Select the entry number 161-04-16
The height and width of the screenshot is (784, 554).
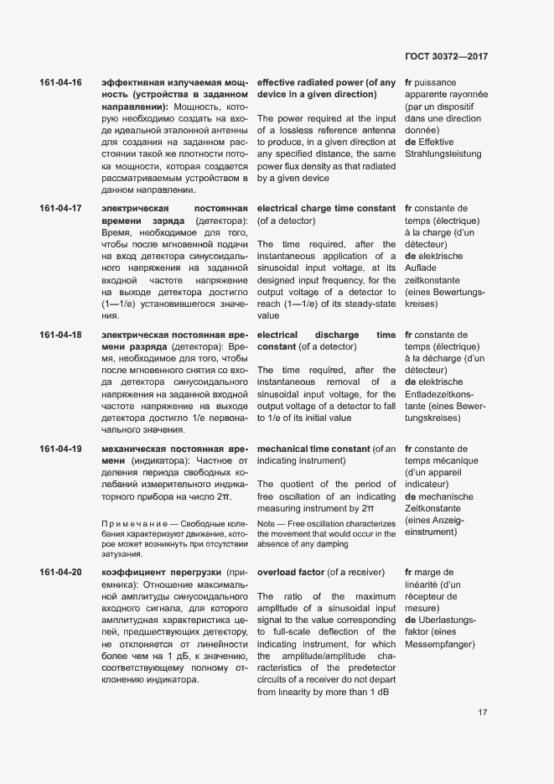pos(60,83)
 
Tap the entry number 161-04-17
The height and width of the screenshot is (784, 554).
pos(60,208)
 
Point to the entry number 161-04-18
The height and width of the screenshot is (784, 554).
pos(60,335)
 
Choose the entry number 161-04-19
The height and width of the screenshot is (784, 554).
pos(60,449)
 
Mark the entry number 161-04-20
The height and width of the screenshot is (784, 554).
pos(60,573)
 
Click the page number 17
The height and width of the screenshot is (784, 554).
pos(483,713)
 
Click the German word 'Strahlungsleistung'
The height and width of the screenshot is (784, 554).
pos(443,154)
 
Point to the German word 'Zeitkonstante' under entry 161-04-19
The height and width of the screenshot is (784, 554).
pos(438,508)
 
